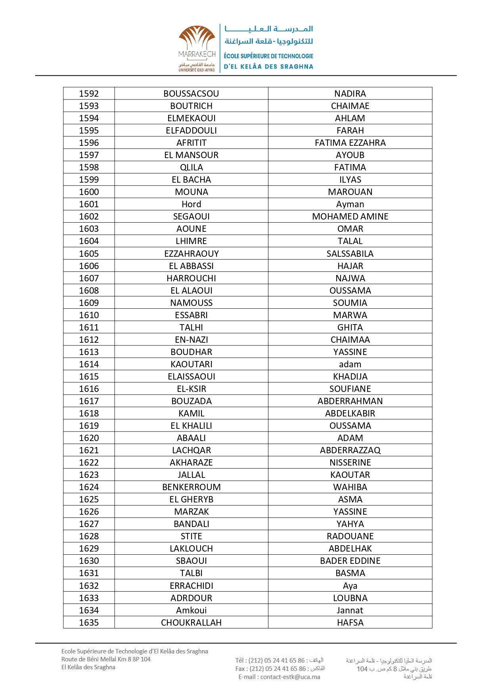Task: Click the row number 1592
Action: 89,94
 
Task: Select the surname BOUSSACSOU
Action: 191,94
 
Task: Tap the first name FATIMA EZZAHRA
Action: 350,143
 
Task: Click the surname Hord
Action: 191,204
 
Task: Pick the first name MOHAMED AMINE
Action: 350,216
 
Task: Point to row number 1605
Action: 89,254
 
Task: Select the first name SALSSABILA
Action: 350,254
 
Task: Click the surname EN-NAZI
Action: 191,340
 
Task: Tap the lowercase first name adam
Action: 350,364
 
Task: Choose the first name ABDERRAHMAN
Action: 350,401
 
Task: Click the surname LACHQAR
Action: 191,450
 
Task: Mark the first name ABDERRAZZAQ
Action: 350,450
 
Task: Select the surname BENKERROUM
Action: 191,487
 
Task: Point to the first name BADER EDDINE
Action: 350,561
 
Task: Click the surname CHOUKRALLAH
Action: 191,622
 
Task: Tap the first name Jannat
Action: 350,610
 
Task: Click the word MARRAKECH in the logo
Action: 197,54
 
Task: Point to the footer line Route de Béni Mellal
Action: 106,659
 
